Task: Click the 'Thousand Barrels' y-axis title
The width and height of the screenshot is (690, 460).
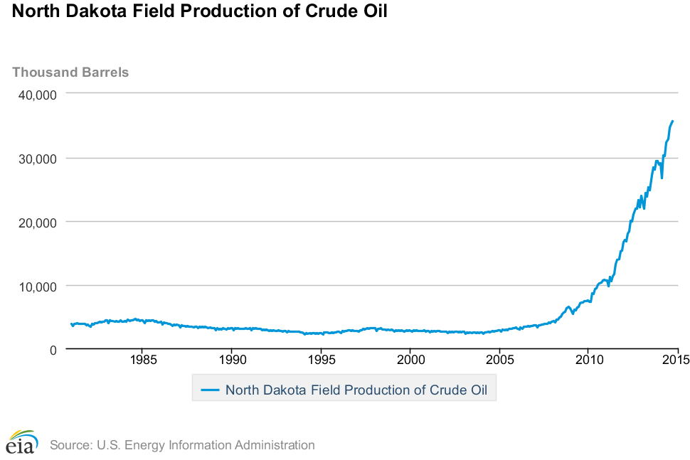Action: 70,72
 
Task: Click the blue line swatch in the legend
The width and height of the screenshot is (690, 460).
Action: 210,390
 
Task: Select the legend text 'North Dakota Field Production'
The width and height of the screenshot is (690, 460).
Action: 306,390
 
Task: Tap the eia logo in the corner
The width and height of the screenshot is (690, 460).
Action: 21,442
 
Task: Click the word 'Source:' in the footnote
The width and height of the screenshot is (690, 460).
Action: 70,445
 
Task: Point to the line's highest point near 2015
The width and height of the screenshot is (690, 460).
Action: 673,121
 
